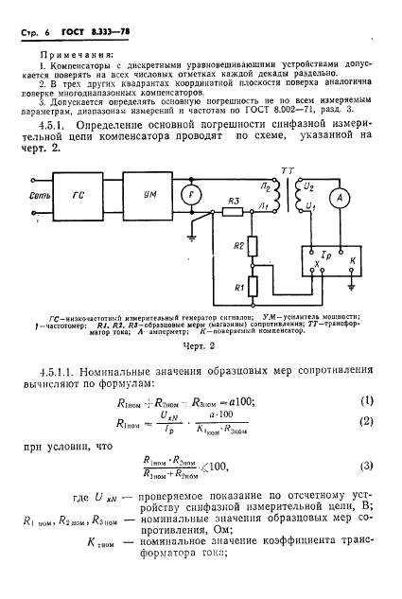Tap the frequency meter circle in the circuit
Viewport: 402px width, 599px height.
(x=193, y=195)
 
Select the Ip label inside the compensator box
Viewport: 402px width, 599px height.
(x=326, y=255)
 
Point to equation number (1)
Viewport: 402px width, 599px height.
(x=365, y=398)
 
